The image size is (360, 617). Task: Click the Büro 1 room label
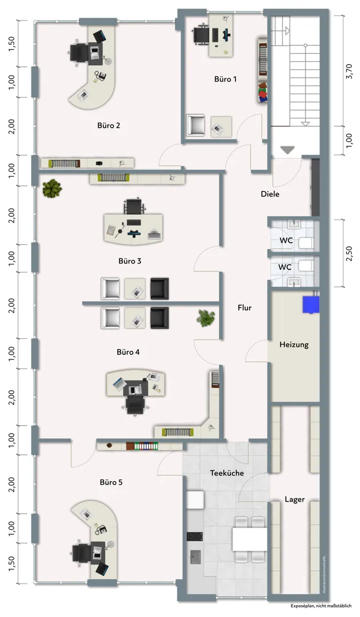226,79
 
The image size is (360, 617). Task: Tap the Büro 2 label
109,126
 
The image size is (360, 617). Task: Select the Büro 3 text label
130,261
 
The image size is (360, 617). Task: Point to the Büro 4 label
128,352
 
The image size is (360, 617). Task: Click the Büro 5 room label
111,482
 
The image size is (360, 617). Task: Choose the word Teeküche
227,473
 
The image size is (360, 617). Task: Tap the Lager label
295,499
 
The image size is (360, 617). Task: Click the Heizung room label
294,344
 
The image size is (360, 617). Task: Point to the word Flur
245,308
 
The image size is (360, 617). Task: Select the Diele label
270,194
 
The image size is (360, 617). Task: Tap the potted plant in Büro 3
52,188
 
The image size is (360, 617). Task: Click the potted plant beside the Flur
205,318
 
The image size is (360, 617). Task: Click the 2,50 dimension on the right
349,253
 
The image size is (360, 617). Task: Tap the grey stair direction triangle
287,150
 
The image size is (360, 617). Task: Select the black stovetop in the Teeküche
194,536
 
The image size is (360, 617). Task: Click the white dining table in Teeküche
250,539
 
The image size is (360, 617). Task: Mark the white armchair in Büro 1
196,125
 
